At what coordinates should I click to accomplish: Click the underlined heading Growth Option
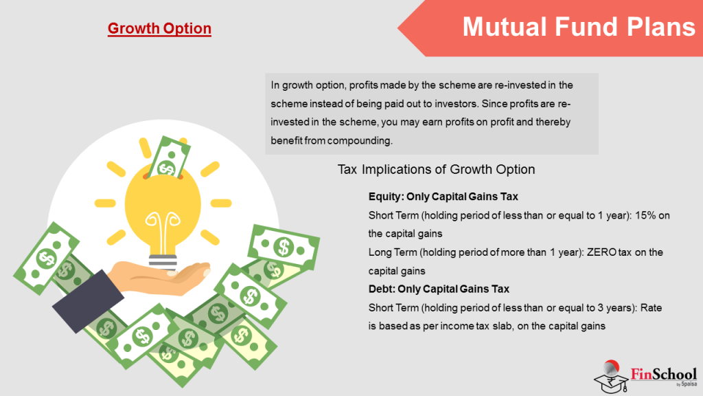click(x=159, y=28)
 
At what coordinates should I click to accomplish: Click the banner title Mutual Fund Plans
click(x=578, y=27)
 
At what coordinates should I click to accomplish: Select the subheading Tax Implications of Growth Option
click(x=436, y=169)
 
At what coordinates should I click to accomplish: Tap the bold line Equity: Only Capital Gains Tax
click(x=443, y=197)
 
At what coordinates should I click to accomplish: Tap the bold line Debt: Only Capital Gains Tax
click(x=439, y=289)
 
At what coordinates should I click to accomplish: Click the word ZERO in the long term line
click(x=601, y=252)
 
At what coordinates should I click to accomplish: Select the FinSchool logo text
click(x=663, y=375)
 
